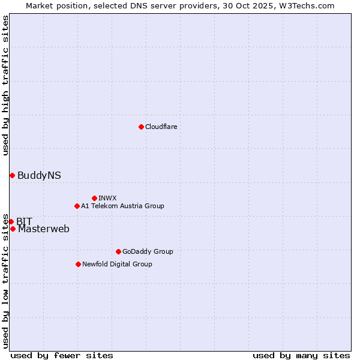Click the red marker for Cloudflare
(x=141, y=127)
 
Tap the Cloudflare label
(x=161, y=127)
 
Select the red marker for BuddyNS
(x=12, y=175)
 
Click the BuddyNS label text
(x=39, y=176)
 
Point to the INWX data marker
(x=94, y=198)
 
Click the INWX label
(x=107, y=198)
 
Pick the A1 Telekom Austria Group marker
(x=77, y=206)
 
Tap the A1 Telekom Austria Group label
(x=122, y=206)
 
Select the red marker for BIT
(x=11, y=221)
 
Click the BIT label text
(x=24, y=221)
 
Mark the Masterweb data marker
(x=13, y=229)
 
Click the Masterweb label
(x=44, y=229)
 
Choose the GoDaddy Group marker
(x=118, y=251)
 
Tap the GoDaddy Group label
(x=148, y=251)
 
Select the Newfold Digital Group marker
(x=78, y=264)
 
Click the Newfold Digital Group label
(x=117, y=264)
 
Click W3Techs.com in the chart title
(x=310, y=5)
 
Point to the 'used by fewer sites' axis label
(x=62, y=355)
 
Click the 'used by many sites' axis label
(x=301, y=355)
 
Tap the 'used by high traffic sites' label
(x=5, y=85)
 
